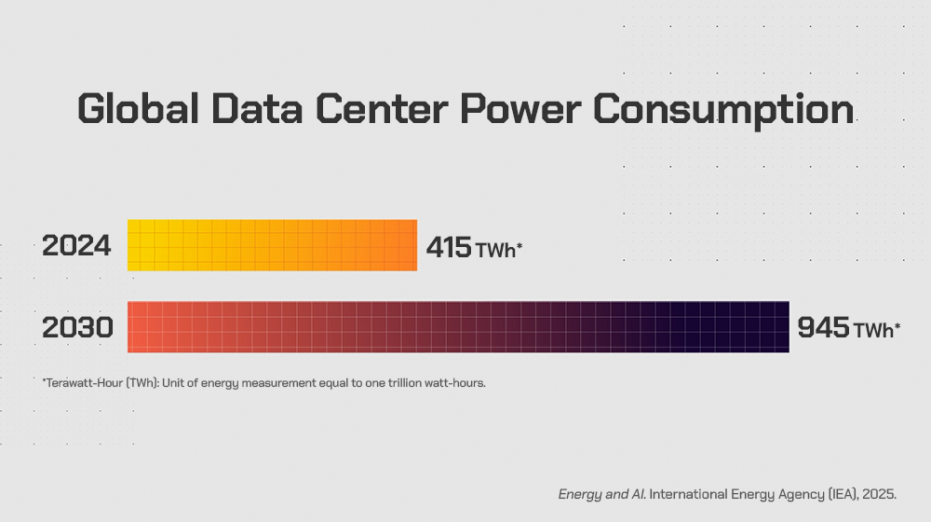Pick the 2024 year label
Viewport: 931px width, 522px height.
76,247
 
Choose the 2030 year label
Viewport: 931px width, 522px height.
77,328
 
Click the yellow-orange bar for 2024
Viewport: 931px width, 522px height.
272,245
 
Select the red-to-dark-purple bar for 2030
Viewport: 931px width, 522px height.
458,327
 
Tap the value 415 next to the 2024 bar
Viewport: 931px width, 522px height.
450,247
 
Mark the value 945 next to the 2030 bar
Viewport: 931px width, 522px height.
823,328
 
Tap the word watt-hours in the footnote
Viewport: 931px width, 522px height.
455,383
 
